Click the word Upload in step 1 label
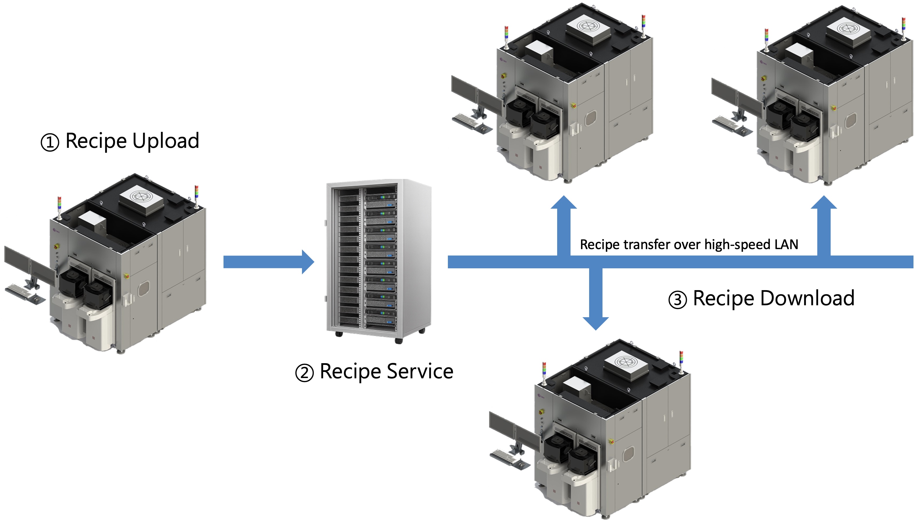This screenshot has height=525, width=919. (x=166, y=141)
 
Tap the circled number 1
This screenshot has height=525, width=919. (x=50, y=142)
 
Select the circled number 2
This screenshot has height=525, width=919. (x=304, y=373)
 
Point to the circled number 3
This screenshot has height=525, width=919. (x=677, y=300)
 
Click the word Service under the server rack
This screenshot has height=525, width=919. (x=419, y=371)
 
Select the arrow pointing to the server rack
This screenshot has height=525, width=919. (x=269, y=262)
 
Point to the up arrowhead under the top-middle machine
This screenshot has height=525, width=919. (x=564, y=203)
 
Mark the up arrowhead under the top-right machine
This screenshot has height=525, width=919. (x=824, y=203)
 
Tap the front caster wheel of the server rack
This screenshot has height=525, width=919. (x=398, y=341)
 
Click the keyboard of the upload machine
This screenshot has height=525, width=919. (x=22, y=290)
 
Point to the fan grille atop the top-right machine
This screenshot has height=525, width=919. (x=848, y=29)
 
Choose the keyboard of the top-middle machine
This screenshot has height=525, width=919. (x=468, y=121)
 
